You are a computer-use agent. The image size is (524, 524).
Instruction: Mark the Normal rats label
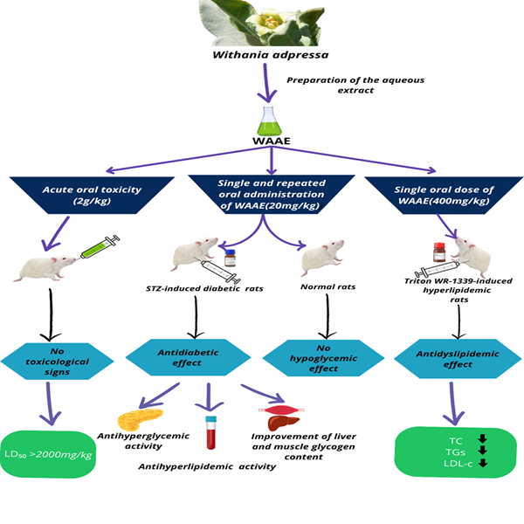point(328,285)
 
